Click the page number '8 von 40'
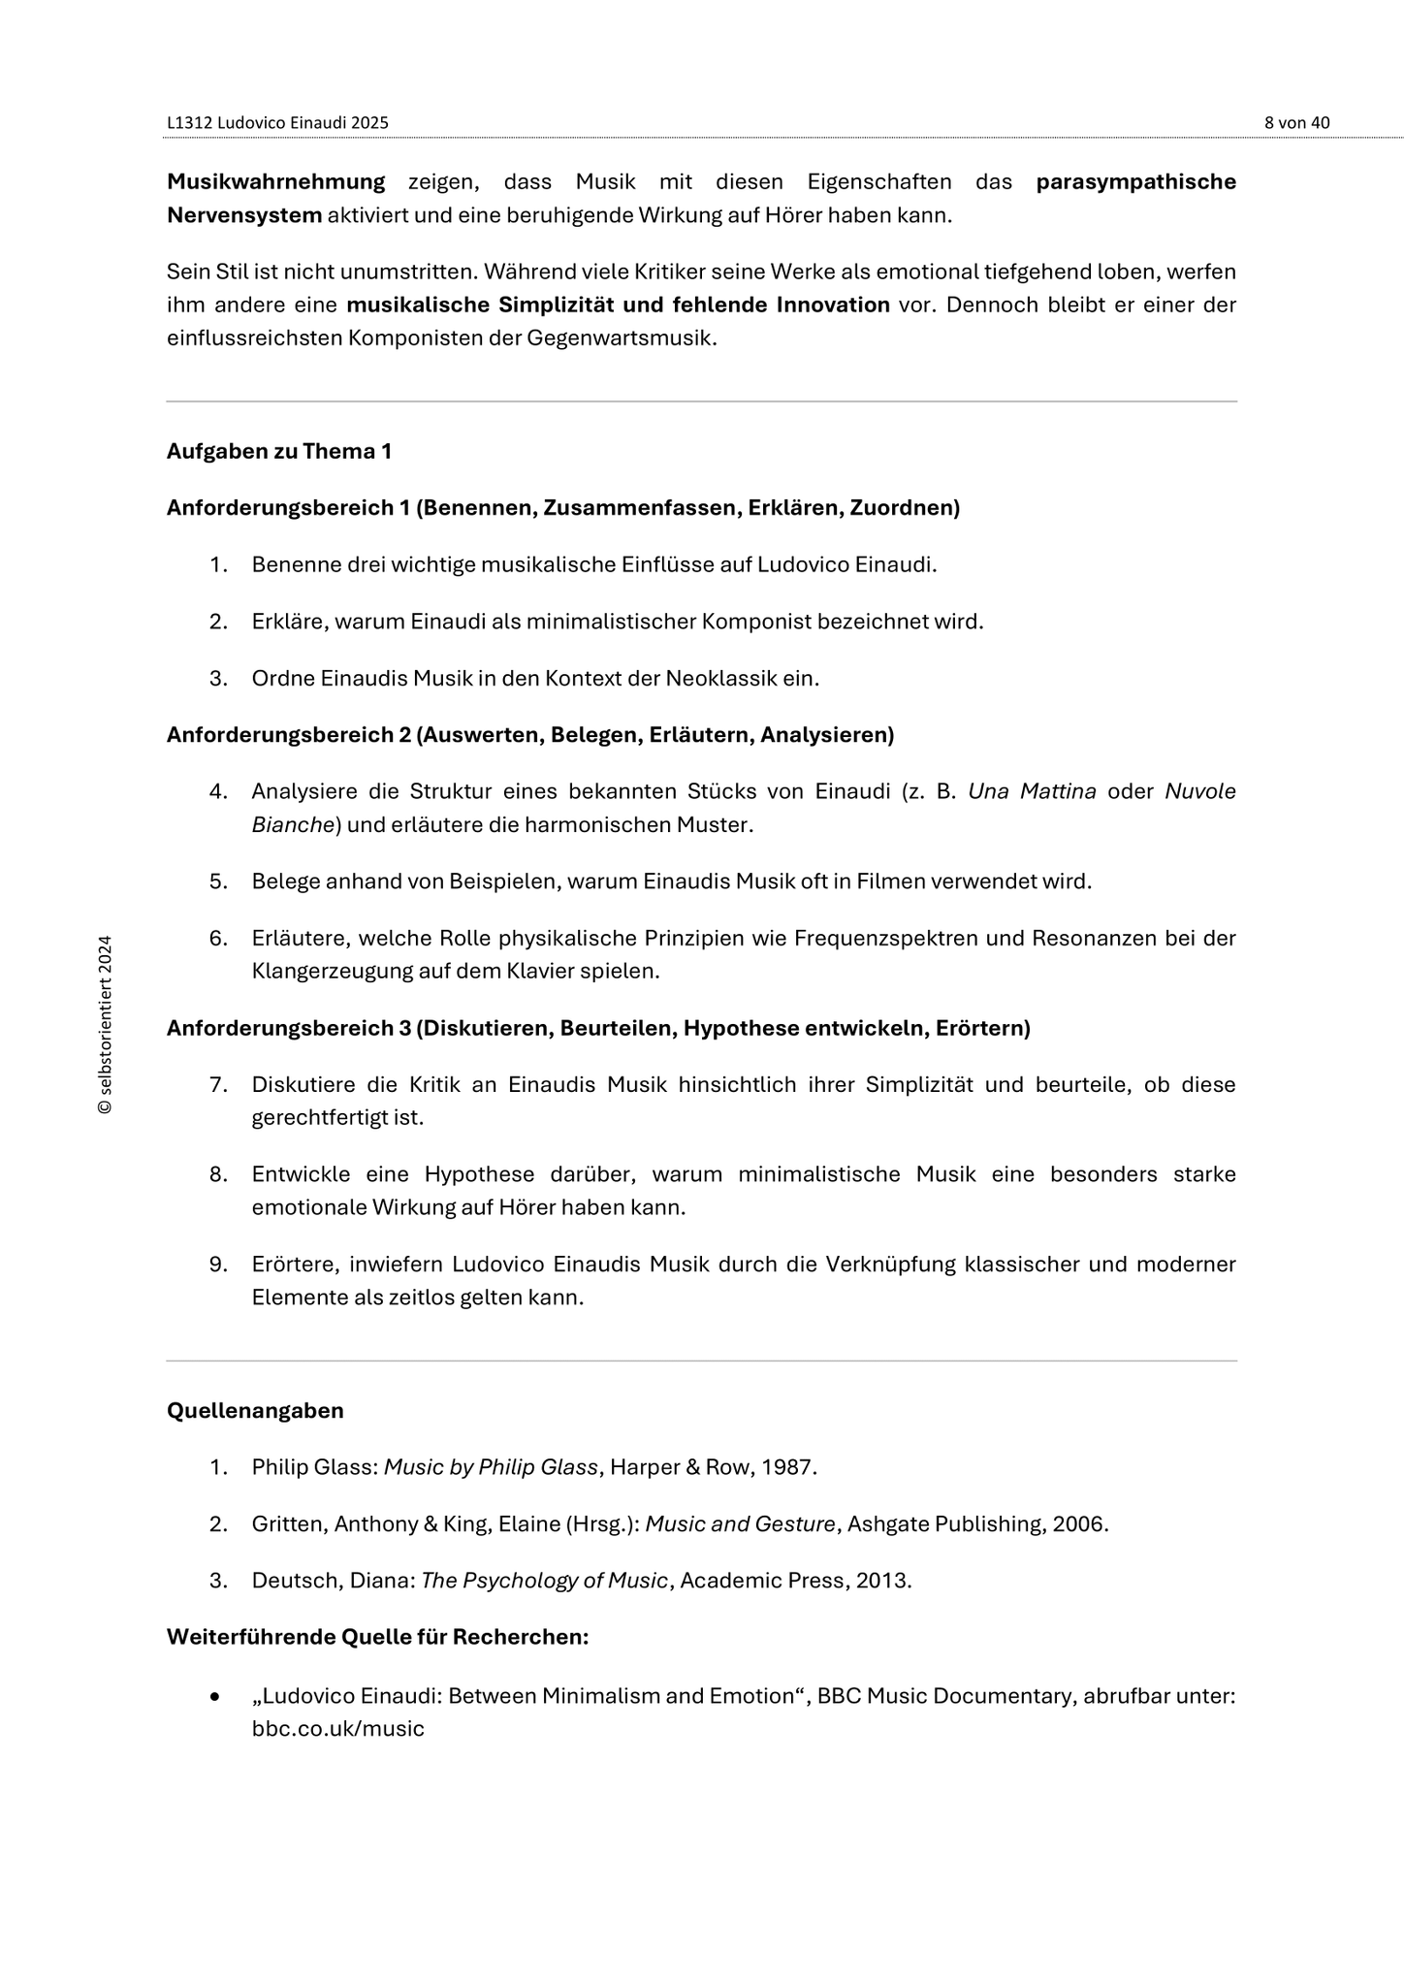click(x=1296, y=123)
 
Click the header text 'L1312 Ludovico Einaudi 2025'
click(x=277, y=123)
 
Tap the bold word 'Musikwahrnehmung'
click(x=275, y=182)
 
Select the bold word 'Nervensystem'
click(x=243, y=215)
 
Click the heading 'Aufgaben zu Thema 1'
click(x=279, y=451)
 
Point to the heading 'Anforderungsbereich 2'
click(x=288, y=735)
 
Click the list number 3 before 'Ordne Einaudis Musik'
click(x=217, y=679)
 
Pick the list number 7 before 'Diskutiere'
click(x=217, y=1084)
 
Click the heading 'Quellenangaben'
click(x=255, y=1411)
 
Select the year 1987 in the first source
click(x=786, y=1467)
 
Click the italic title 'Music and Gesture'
click(x=740, y=1524)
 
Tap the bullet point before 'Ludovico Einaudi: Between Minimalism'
click(x=215, y=1697)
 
